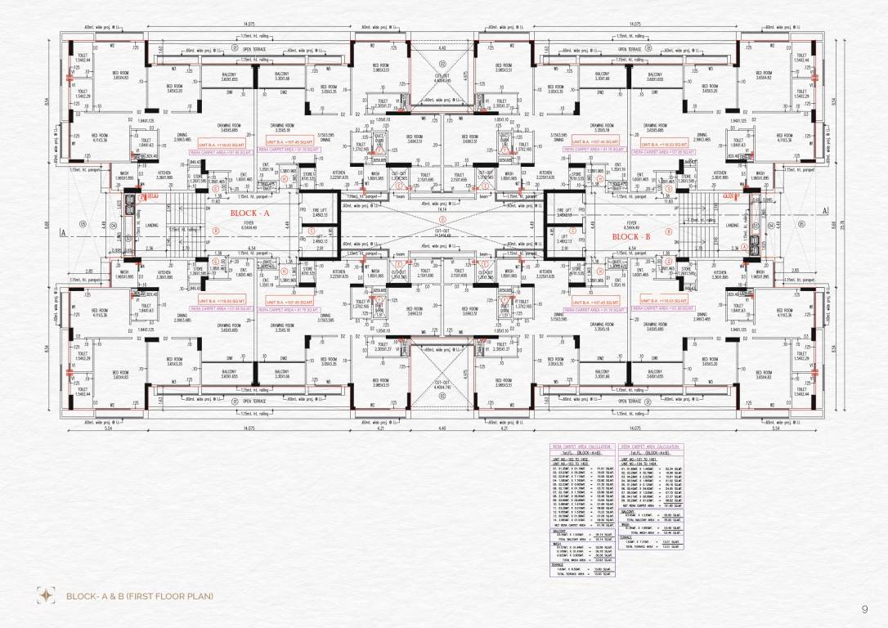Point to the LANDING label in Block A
point(160,226)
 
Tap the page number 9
point(864,608)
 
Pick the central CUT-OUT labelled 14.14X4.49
point(442,232)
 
